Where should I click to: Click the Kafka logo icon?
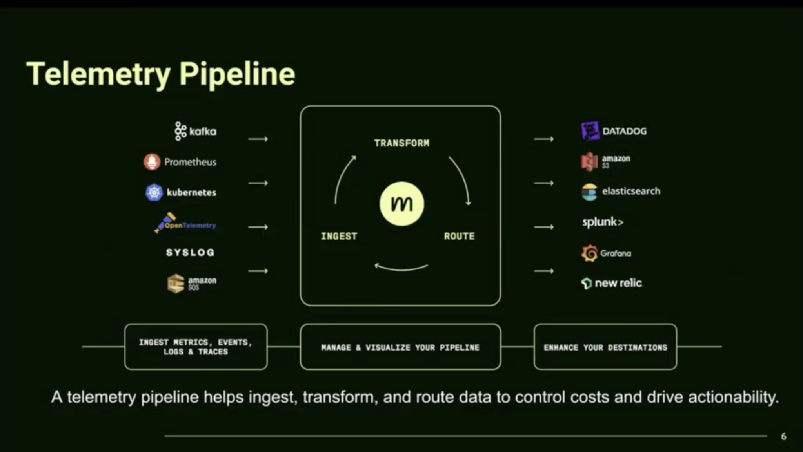click(x=180, y=131)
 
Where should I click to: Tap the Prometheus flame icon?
click(x=152, y=162)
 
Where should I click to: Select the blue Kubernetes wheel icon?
click(x=154, y=193)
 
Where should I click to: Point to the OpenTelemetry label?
click(x=190, y=226)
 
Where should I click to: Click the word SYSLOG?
click(x=190, y=252)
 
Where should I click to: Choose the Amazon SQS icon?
click(x=176, y=283)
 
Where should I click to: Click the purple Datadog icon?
click(x=590, y=131)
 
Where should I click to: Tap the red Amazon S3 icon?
click(x=589, y=161)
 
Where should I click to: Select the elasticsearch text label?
click(x=631, y=191)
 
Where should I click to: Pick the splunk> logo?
click(x=603, y=222)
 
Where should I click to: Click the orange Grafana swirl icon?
click(x=589, y=253)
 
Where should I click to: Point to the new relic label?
click(x=618, y=283)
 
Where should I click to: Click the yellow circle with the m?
click(x=401, y=204)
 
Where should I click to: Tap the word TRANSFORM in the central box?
click(x=401, y=143)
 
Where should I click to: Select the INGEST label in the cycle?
click(x=339, y=236)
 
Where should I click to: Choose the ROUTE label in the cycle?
click(x=459, y=236)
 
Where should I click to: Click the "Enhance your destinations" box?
click(x=605, y=347)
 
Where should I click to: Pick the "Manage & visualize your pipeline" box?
click(x=400, y=347)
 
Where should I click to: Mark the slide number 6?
click(x=783, y=436)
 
